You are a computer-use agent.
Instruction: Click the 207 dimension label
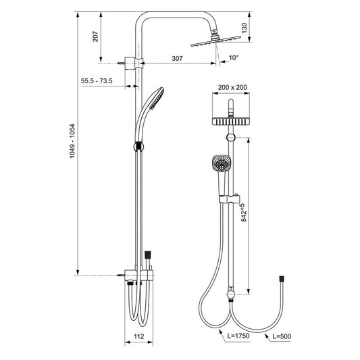click(95, 36)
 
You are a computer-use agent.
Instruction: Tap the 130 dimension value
click(245, 28)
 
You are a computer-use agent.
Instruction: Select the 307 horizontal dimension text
click(177, 59)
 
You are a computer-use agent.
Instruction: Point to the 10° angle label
click(234, 57)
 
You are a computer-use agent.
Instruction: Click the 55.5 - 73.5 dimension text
click(97, 81)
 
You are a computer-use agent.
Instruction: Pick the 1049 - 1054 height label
click(72, 141)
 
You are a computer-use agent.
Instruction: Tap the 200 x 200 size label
click(232, 87)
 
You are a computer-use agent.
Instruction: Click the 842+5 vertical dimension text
click(244, 213)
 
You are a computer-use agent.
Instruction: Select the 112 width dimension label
click(139, 336)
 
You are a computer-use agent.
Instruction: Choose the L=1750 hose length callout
click(238, 336)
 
